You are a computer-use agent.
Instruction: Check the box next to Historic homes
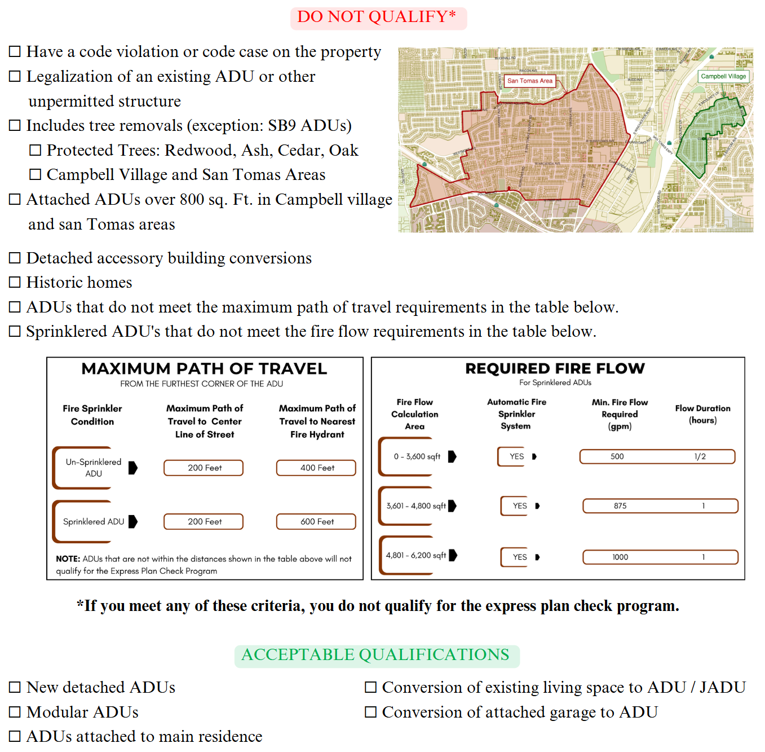15,282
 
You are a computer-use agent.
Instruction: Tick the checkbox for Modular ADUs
15,712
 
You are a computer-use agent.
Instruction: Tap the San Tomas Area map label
529,81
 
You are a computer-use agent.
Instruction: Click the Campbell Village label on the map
723,76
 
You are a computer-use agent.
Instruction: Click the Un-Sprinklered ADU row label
94,468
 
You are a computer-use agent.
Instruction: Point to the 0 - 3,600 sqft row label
417,456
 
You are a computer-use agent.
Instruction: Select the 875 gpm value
620,506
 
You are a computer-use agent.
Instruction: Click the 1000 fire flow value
620,557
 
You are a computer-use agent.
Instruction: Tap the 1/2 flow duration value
700,456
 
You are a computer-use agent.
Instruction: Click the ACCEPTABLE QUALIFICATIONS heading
375,654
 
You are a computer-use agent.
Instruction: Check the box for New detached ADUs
15,687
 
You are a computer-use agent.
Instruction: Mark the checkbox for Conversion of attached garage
370,712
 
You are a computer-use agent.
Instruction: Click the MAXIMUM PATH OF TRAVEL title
204,369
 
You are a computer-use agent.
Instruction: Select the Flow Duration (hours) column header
702,414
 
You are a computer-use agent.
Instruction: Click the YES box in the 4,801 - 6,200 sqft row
519,557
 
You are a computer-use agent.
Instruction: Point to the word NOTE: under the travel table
68,559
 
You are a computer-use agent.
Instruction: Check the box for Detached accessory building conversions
15,258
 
